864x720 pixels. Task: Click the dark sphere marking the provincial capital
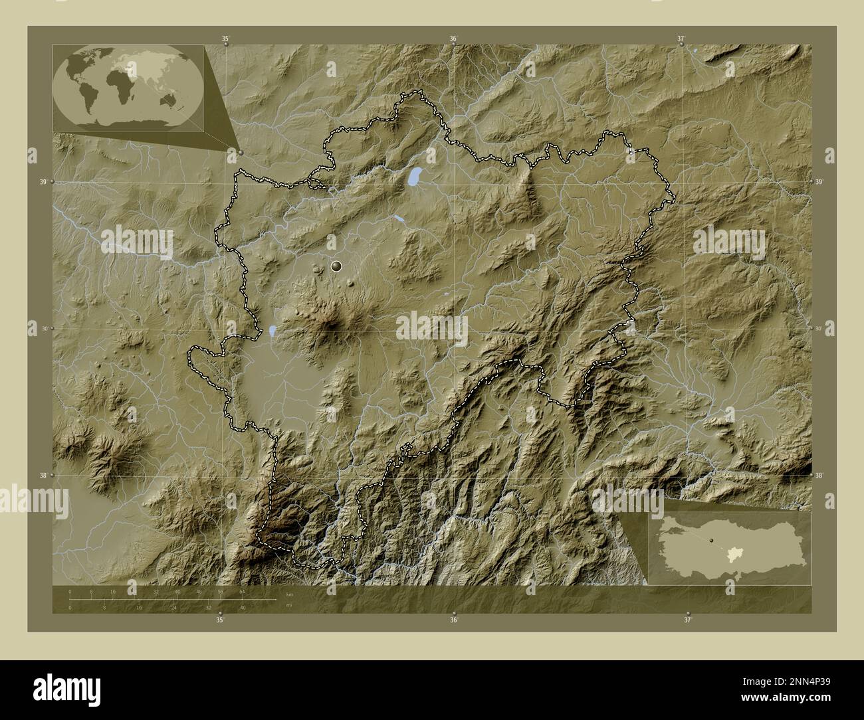(x=336, y=266)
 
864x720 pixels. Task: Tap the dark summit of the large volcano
(x=330, y=325)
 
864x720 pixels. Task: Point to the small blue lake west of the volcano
(x=272, y=329)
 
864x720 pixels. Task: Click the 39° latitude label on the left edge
(x=43, y=182)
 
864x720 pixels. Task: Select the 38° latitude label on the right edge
(x=819, y=476)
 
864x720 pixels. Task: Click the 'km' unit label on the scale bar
(x=289, y=593)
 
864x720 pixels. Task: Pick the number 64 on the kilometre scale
(x=242, y=591)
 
